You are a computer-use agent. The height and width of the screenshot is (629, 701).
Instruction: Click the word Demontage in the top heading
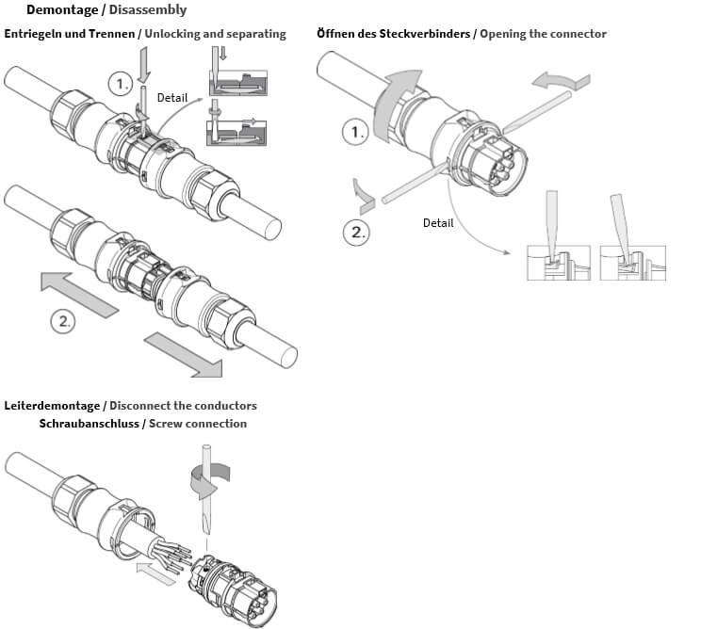tap(61, 10)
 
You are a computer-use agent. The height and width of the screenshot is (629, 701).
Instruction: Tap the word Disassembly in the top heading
tap(148, 10)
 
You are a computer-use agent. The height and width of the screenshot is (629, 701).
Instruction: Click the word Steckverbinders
tap(427, 34)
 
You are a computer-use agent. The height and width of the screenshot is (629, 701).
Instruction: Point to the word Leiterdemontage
tap(52, 406)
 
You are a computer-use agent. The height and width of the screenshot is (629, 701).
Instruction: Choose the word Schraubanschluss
tap(90, 424)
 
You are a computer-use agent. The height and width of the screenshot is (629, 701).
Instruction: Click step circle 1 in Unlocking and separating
tap(120, 84)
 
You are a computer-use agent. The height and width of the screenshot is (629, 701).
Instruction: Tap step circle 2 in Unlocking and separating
tap(63, 321)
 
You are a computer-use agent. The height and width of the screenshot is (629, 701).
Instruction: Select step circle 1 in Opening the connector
tap(356, 132)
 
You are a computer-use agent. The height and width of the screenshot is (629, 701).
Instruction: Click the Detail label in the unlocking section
tap(172, 98)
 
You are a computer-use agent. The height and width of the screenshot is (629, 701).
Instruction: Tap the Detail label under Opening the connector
tap(438, 223)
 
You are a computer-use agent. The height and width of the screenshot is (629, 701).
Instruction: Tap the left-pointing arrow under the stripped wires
tap(155, 571)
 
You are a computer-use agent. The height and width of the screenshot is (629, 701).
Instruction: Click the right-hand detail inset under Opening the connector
tap(632, 263)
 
